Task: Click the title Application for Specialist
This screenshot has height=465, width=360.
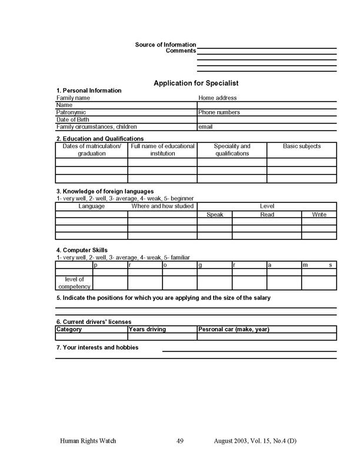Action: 195,83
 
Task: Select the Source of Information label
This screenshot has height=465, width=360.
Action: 165,45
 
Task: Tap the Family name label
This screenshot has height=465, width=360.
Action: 73,98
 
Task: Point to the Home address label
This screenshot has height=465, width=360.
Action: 218,98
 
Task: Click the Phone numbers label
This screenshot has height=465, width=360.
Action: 219,112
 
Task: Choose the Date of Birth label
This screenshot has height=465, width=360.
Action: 72,119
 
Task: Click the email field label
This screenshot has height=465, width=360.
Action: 205,126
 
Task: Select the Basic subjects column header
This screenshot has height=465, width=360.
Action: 302,146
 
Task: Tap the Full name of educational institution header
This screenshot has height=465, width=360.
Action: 162,150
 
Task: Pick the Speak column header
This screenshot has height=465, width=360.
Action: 215,215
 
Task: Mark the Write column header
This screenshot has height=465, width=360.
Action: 319,215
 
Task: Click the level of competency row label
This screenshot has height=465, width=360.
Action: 74,283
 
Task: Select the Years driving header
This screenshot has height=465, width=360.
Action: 148,329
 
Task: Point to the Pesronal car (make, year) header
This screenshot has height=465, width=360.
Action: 234,329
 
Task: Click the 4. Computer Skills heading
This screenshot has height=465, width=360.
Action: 82,250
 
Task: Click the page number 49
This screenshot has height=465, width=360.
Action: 181,440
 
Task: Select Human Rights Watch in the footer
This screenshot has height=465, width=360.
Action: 87,440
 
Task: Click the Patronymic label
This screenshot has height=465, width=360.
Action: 71,112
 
